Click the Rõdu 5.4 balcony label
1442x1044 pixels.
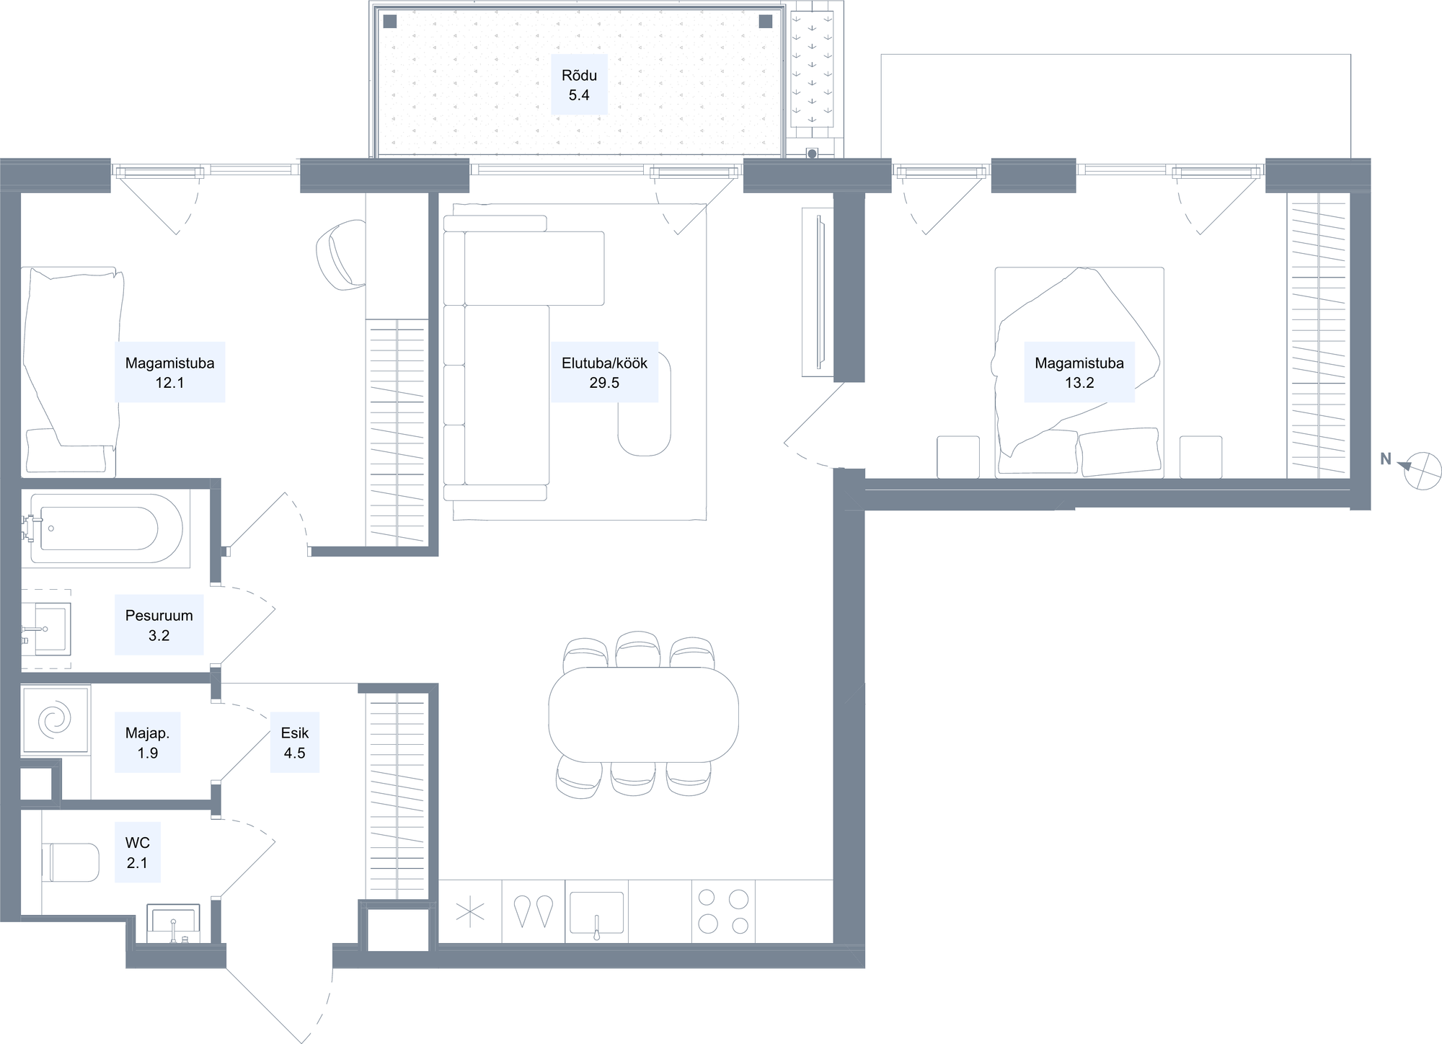[579, 85]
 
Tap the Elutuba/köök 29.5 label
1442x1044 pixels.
[604, 372]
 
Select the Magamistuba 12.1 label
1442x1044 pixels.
[169, 372]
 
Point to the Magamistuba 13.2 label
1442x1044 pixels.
[1079, 372]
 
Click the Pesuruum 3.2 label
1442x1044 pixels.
[159, 625]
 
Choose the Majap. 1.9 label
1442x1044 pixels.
[147, 743]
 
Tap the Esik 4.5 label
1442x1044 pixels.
[294, 743]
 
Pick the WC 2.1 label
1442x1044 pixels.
[137, 852]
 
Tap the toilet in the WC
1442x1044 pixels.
[70, 862]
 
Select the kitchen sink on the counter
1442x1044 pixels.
[596, 914]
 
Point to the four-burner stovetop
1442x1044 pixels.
[723, 911]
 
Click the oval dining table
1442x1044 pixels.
[643, 715]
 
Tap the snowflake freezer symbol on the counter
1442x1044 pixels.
[470, 912]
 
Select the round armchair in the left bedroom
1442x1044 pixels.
[342, 256]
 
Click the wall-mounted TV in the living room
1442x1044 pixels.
[818, 291]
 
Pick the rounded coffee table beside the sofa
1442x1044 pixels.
[644, 404]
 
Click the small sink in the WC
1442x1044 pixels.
[173, 924]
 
